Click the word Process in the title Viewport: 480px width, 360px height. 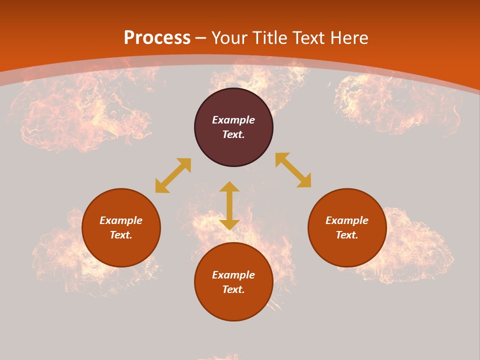pyautogui.click(x=157, y=38)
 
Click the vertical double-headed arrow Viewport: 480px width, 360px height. pyautogui.click(x=229, y=205)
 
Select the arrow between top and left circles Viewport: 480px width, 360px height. pyautogui.click(x=173, y=175)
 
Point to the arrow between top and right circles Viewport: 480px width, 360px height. pyautogui.click(x=293, y=170)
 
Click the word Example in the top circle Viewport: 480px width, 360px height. pyautogui.click(x=233, y=120)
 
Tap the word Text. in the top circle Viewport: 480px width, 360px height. pyautogui.click(x=233, y=134)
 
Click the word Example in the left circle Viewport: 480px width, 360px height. pyautogui.click(x=121, y=220)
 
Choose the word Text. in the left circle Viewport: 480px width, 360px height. pyautogui.click(x=121, y=235)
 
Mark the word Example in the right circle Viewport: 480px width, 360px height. pyautogui.click(x=347, y=220)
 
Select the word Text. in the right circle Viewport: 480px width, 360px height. pyautogui.click(x=347, y=235)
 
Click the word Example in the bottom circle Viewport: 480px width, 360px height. pyautogui.click(x=233, y=275)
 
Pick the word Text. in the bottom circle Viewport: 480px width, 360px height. pyautogui.click(x=233, y=289)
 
